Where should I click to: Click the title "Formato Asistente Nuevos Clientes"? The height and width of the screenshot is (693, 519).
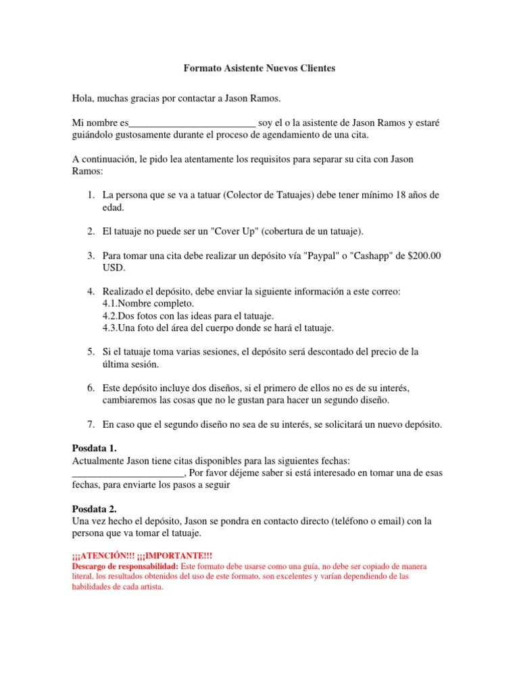[x=259, y=69]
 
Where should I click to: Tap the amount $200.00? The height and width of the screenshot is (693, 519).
[x=420, y=256]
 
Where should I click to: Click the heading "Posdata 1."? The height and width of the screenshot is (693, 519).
[x=95, y=448]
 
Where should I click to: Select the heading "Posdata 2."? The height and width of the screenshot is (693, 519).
[x=95, y=509]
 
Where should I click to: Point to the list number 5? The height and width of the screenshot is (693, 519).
[x=90, y=352]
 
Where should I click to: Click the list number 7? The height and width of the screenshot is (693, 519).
[x=90, y=424]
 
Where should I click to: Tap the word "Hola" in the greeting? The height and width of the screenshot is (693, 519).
[x=82, y=99]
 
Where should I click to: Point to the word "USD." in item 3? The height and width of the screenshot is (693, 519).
[x=114, y=268]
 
